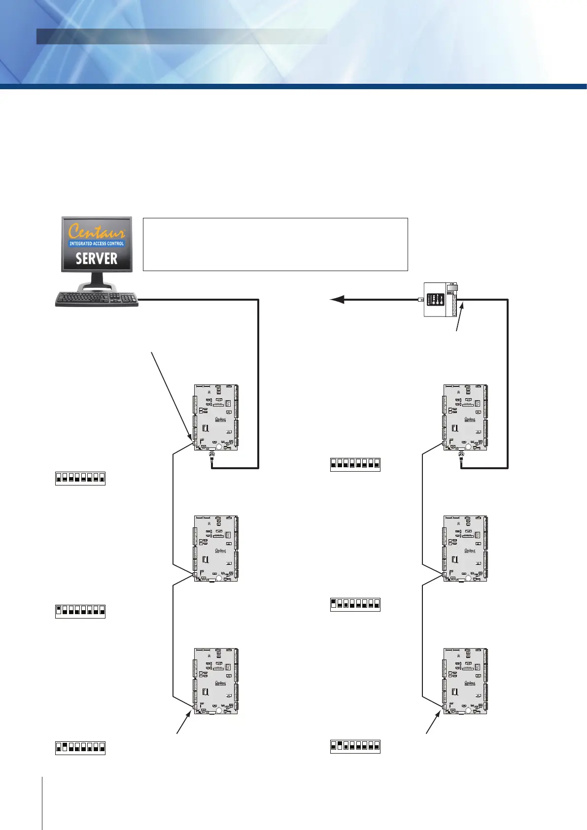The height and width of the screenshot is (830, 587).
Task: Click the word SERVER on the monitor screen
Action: pyautogui.click(x=97, y=258)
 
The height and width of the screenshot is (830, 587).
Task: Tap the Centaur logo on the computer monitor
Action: pyautogui.click(x=97, y=231)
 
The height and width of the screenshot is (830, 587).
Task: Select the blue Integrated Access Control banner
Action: pyautogui.click(x=97, y=243)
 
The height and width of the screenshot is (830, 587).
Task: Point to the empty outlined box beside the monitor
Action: pyautogui.click(x=275, y=244)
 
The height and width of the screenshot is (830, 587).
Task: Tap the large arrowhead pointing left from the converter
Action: pyautogui.click(x=337, y=299)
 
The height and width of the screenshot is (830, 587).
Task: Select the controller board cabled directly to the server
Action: pyautogui.click(x=216, y=417)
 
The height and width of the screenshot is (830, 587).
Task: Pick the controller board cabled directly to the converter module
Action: pyautogui.click(x=465, y=417)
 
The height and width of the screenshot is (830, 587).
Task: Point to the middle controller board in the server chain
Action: pyautogui.click(x=216, y=549)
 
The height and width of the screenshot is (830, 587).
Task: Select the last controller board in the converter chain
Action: pyautogui.click(x=465, y=681)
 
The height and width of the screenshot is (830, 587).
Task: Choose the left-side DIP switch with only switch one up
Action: pyautogui.click(x=80, y=611)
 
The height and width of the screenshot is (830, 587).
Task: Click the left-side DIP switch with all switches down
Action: pyautogui.click(x=80, y=479)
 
